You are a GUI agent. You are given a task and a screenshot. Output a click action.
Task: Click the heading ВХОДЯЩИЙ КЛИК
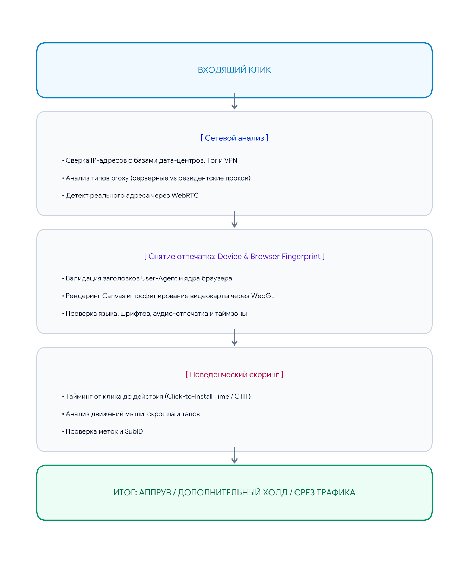coord(234,70)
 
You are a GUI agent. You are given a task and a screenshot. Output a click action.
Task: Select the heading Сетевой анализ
coord(234,138)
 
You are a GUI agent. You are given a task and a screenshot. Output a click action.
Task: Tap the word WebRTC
coord(185,195)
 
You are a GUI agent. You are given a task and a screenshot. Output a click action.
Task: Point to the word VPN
coord(231,160)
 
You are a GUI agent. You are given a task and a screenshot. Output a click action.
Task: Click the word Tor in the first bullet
coord(212,160)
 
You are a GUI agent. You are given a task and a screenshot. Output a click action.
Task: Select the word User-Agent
coord(159,278)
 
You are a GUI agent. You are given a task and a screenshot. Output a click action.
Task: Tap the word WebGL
coord(262,296)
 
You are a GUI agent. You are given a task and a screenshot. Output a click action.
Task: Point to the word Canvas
coord(114,296)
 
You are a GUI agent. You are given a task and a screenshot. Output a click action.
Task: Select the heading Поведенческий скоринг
coord(234,374)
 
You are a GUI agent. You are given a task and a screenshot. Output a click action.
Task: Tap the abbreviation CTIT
coord(242,397)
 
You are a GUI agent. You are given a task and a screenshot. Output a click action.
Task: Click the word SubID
coord(134,431)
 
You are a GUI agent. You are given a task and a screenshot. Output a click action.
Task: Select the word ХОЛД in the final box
coord(275,493)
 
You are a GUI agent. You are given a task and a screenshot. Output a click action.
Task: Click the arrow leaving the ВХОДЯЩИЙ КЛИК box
coord(234,101)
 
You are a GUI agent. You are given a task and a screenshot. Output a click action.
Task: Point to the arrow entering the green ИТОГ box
coord(234,455)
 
